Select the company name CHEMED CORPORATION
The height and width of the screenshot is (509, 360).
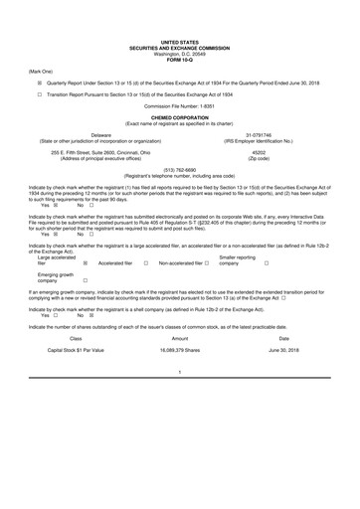coord(180,115)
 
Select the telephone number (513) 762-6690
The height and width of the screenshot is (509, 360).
coord(180,169)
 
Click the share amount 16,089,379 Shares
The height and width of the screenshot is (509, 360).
coord(180,351)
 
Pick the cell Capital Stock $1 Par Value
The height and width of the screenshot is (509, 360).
coord(76,351)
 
